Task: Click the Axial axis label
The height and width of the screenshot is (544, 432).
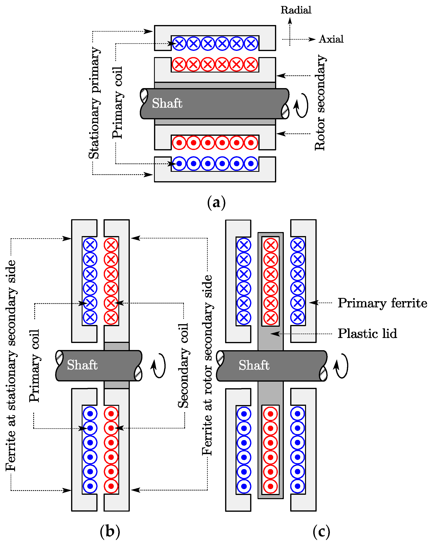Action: coord(331,39)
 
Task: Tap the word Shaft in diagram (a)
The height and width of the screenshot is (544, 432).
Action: coord(167,103)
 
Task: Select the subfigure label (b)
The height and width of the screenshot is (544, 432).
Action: coord(110,531)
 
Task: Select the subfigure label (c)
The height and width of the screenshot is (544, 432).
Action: coord(321,531)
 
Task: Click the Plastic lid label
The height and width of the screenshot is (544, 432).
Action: coord(367,334)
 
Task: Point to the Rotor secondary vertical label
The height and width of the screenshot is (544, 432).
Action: coord(320,103)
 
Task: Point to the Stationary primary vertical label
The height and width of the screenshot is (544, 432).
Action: coord(94,103)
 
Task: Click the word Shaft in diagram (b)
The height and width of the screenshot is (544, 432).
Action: coord(82,365)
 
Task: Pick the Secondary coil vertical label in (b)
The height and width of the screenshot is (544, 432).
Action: coord(183,366)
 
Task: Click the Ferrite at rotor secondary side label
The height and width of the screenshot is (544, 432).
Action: coord(207,366)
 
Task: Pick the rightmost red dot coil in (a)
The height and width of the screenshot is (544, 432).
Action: coord(251,143)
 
